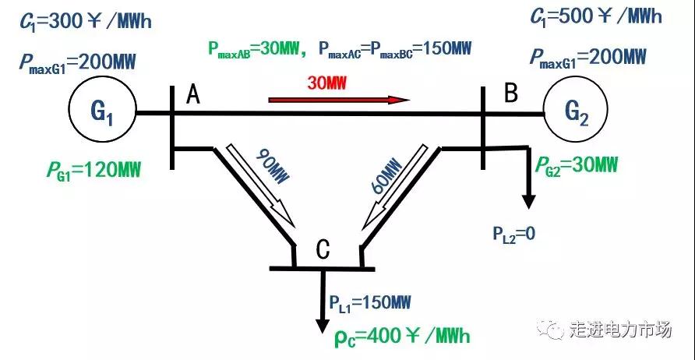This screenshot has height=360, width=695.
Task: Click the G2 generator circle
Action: pos(577,113)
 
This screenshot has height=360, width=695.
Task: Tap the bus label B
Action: pos(510,94)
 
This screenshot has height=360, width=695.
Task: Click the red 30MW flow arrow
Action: pos(339,100)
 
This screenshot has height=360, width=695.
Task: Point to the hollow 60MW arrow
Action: pos(394,184)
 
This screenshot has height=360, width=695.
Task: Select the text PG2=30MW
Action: pos(577,165)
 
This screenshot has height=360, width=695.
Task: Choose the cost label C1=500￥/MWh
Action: pos(596,17)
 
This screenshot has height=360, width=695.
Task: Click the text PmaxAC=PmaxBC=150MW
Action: pos(395,49)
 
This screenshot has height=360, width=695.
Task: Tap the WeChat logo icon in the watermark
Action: pos(554,330)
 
